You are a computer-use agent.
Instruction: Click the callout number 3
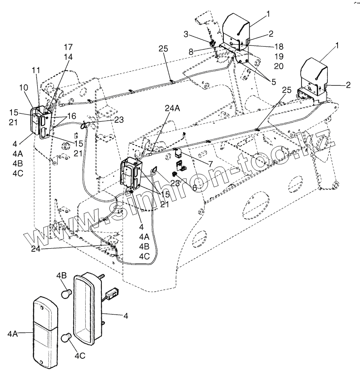click(x=186, y=34)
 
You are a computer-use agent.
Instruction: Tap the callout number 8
click(x=191, y=52)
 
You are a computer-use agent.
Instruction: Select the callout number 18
click(x=279, y=46)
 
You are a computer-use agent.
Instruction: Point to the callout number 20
click(x=279, y=66)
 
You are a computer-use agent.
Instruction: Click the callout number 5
click(x=274, y=82)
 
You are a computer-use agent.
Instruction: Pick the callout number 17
click(x=68, y=47)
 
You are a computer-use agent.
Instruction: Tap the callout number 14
click(x=68, y=57)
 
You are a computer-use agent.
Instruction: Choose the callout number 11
click(x=36, y=70)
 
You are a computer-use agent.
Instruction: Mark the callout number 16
click(x=71, y=116)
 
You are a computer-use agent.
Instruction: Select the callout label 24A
click(x=173, y=109)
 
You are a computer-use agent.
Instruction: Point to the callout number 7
click(x=210, y=164)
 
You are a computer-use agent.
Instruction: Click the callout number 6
click(x=195, y=188)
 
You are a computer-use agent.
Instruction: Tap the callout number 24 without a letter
click(x=36, y=249)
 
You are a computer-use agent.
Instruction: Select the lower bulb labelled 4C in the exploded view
click(x=67, y=338)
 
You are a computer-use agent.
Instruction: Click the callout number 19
click(x=279, y=56)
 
